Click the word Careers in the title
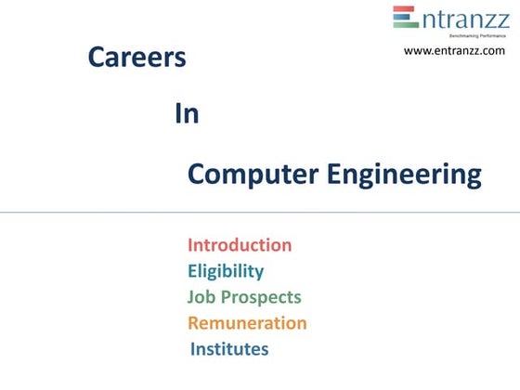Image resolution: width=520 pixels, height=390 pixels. tap(136, 58)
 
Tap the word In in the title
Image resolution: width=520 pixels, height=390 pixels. tap(187, 114)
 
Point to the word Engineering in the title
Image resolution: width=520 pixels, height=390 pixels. tap(402, 175)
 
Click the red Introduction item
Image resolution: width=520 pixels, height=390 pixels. tap(240, 245)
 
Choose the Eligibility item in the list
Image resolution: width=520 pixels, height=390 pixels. tap(226, 271)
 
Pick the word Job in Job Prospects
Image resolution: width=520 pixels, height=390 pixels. tap(201, 297)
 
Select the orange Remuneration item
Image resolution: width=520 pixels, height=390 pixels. tap(247, 323)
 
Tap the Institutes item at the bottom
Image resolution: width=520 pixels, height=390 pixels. tap(229, 349)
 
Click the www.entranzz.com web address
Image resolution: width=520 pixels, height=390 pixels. tap(454, 50)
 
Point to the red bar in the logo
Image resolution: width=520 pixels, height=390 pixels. tap(406, 10)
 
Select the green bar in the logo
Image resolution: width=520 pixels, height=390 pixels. tap(406, 25)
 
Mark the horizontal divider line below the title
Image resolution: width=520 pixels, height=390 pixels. tap(260, 213)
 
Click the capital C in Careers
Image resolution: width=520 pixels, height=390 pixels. tap(96, 58)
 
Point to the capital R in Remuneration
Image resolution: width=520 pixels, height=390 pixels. tap(194, 323)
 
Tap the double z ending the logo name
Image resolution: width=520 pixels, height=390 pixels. tap(496, 19)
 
